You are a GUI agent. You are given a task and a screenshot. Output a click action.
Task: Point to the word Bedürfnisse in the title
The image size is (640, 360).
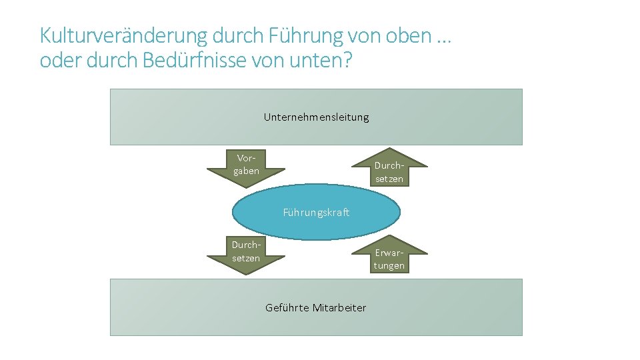click(183, 61)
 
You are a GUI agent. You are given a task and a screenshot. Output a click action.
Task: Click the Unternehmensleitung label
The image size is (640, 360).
click(316, 117)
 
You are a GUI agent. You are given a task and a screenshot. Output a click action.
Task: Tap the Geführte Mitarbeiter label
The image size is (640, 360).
click(315, 307)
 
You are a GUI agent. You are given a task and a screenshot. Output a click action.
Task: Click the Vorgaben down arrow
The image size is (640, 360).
click(246, 167)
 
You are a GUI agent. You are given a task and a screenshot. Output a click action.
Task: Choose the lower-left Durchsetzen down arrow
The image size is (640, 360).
click(246, 253)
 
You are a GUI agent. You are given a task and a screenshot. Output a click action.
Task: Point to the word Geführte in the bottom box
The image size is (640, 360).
click(287, 307)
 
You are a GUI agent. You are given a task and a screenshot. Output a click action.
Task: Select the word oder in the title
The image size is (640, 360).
click(54, 61)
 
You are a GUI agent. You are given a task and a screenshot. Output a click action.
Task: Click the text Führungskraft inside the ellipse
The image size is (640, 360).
click(316, 213)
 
